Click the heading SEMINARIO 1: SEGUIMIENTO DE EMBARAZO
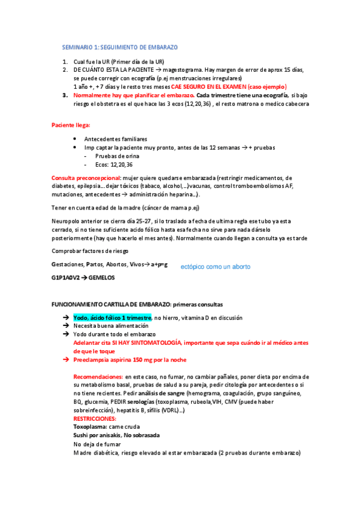120,47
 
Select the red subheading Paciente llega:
71,125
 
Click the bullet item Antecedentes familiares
115,139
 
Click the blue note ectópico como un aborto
215,266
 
